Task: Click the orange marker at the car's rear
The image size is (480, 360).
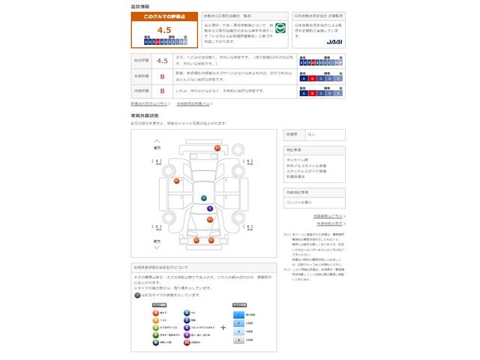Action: (x=217, y=148)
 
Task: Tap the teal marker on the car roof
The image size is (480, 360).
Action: (x=203, y=197)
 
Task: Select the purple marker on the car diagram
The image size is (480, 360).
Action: (x=210, y=208)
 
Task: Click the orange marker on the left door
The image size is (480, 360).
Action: (x=177, y=181)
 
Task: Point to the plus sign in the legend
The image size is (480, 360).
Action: (x=223, y=327)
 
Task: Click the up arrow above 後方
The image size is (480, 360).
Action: (x=157, y=140)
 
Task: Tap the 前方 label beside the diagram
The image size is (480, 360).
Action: (x=157, y=241)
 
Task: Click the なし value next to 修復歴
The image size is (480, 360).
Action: (x=311, y=133)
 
